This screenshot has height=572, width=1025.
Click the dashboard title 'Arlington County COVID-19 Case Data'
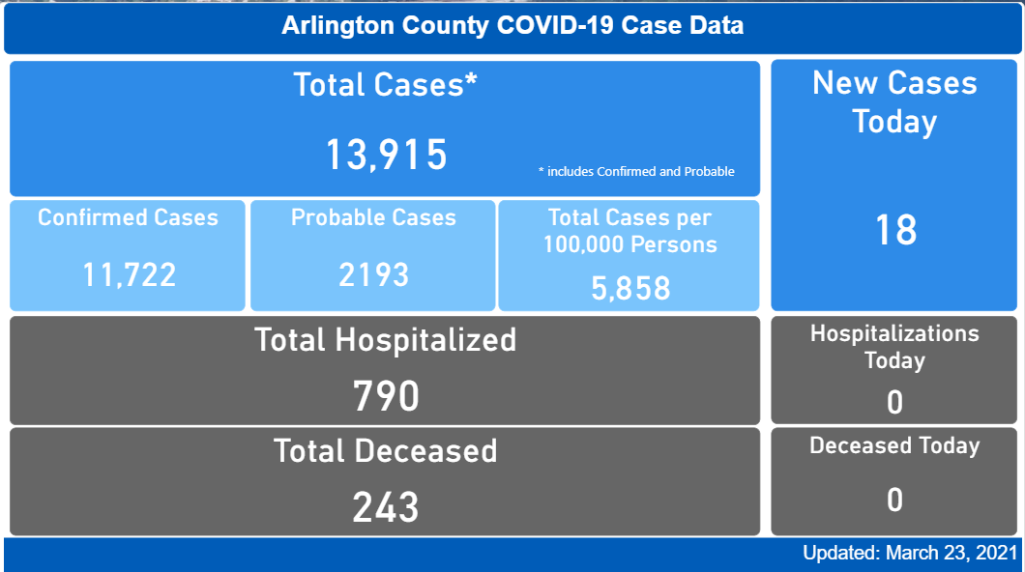[x=512, y=26]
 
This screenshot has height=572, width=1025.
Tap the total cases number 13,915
[x=385, y=155]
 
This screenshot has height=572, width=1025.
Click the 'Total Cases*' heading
[x=385, y=85]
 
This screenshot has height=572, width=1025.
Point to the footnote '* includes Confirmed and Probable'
[x=636, y=172]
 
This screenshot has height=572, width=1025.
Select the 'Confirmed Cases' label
[x=128, y=217]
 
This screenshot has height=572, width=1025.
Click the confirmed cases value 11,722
[x=129, y=275]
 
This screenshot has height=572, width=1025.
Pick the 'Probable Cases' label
[x=373, y=217]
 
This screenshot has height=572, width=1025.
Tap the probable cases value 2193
[x=373, y=275]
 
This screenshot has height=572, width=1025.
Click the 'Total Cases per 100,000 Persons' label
[x=630, y=231]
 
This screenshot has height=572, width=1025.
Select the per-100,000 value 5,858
[x=630, y=287]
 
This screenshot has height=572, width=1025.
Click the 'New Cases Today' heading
[x=894, y=102]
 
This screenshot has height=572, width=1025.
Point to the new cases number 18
[x=894, y=231]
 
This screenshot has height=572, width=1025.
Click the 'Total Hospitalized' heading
[x=385, y=340]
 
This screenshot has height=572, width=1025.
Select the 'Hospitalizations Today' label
[x=894, y=347]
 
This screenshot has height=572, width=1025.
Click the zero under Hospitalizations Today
[x=894, y=402]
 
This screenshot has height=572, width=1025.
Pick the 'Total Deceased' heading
[x=385, y=451]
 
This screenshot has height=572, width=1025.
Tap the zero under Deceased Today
[x=894, y=500]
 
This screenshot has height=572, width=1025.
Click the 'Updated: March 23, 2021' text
[x=910, y=554]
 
